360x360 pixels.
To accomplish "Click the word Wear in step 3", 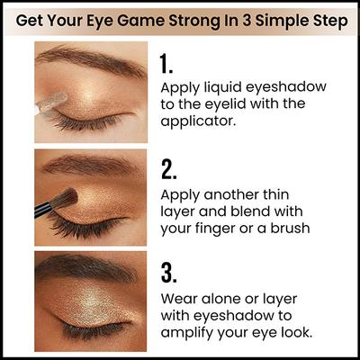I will coord(180,298).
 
